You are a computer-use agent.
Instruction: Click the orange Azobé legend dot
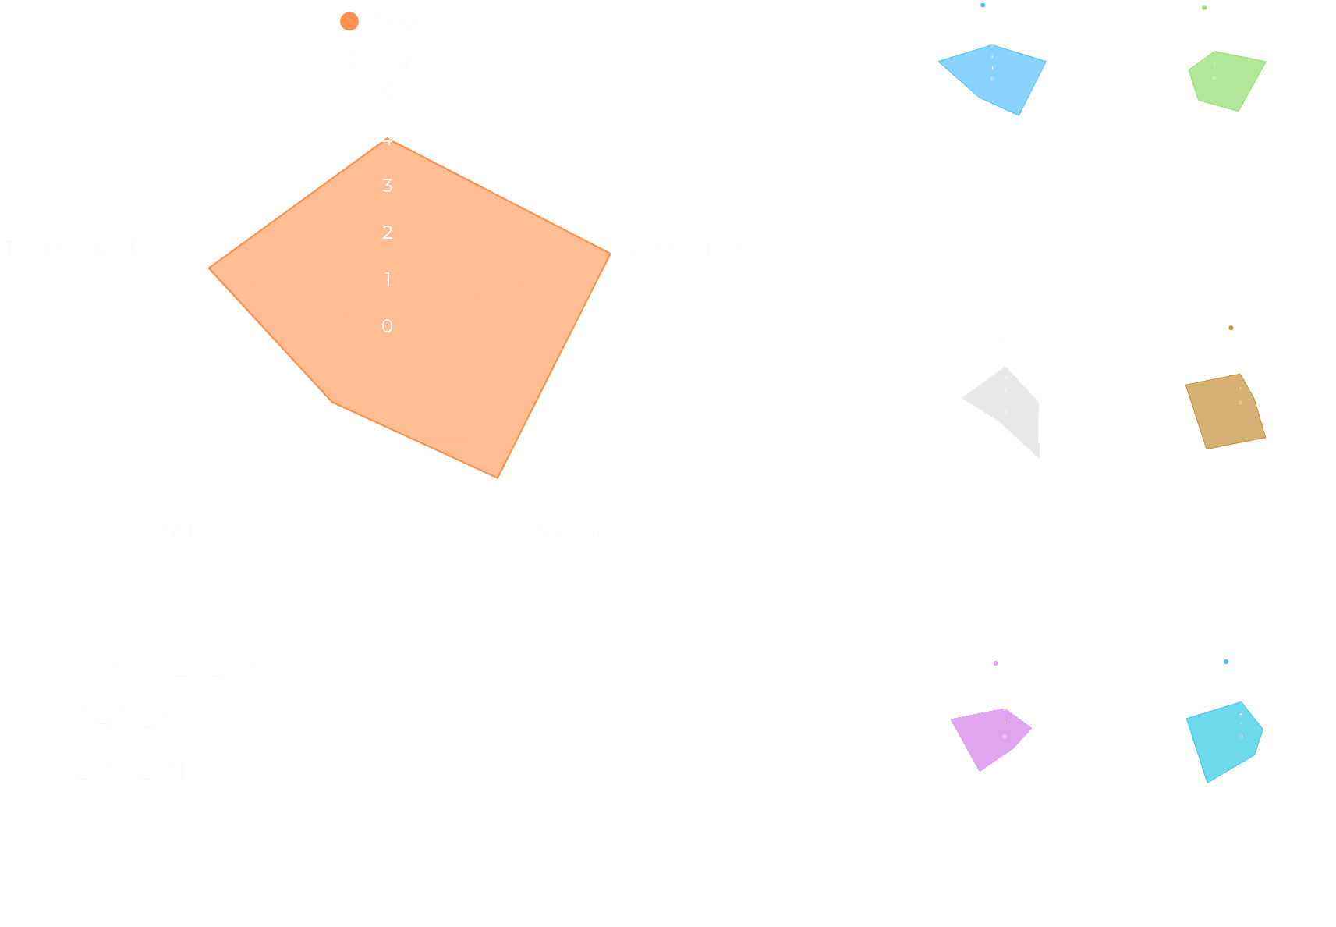tap(349, 22)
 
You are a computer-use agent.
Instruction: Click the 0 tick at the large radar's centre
tap(387, 326)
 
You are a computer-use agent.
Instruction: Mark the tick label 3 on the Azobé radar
tap(387, 186)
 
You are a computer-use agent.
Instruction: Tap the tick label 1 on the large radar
tap(387, 279)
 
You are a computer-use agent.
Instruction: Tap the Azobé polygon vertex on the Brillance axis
tap(332, 403)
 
